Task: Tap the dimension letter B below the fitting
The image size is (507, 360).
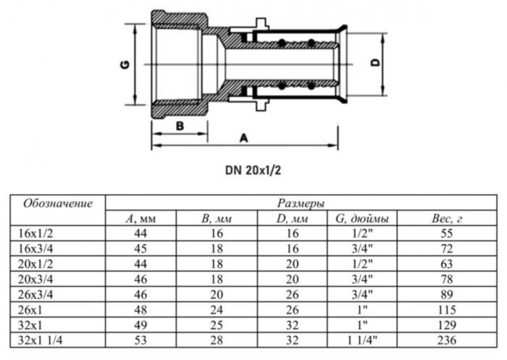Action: coord(180,125)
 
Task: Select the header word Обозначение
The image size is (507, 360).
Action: coord(58,203)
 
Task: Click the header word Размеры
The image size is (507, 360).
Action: coord(301,204)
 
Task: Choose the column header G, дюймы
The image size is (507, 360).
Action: coord(362,217)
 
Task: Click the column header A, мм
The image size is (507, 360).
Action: coord(140,217)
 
